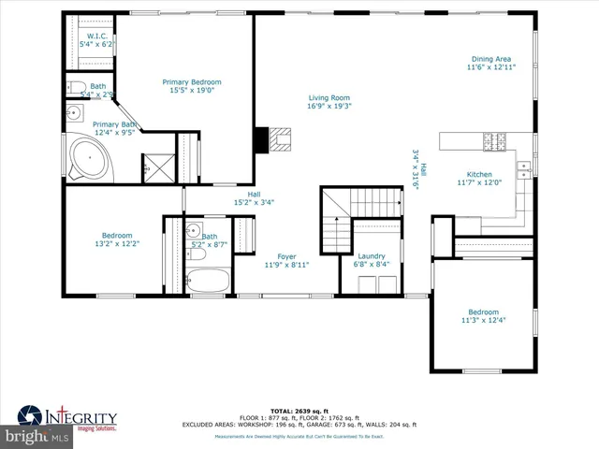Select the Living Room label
pyautogui.click(x=329, y=97)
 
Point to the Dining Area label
pyautogui.click(x=491, y=59)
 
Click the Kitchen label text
pyautogui.click(x=479, y=174)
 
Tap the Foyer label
pyautogui.click(x=286, y=256)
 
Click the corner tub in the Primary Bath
pyautogui.click(x=90, y=159)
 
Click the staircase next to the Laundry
pyautogui.click(x=335, y=220)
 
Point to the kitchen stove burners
pyautogui.click(x=493, y=141)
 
